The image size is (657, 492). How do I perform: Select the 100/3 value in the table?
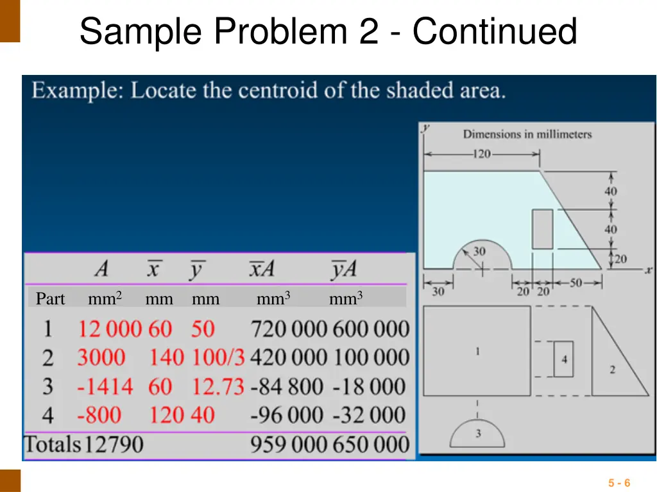[218, 357]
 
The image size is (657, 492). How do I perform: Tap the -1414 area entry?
[105, 387]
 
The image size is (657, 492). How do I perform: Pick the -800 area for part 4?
[99, 415]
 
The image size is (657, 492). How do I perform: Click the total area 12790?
[113, 444]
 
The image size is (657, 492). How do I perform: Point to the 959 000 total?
[288, 444]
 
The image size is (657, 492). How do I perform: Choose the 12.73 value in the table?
[218, 387]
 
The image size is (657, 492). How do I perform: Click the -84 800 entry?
[287, 387]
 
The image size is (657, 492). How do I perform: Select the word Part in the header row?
[50, 299]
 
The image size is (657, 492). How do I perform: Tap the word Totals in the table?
[53, 444]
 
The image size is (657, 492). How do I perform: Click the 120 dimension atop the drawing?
[482, 154]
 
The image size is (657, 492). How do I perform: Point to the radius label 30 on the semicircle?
[479, 252]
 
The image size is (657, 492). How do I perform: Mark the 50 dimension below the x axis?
[575, 283]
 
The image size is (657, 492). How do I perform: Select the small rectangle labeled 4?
[564, 359]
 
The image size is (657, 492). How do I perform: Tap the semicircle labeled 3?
[478, 433]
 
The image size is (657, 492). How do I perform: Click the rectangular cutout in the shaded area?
[542, 229]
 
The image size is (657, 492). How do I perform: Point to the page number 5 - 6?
[619, 483]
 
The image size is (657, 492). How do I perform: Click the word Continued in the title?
[494, 31]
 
